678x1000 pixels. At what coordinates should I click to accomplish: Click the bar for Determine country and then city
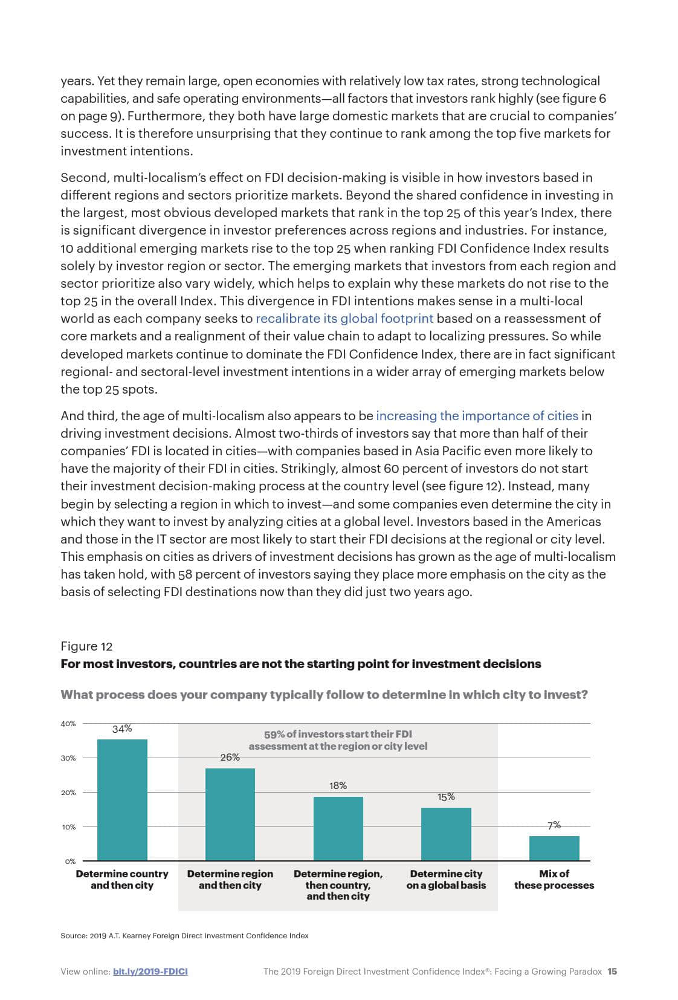(x=122, y=799)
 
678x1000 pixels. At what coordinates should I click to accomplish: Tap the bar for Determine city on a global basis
(x=446, y=834)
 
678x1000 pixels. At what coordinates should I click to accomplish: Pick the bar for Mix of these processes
(x=554, y=848)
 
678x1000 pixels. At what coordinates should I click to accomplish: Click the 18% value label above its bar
(x=338, y=785)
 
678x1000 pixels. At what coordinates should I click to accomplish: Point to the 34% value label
(x=122, y=729)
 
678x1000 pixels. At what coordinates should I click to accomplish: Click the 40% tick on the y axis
(x=68, y=724)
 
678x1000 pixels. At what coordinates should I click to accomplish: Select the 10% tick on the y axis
(x=68, y=827)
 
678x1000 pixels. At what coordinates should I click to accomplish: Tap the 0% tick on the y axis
(x=70, y=862)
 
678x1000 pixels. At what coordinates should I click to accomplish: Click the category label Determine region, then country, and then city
(x=338, y=885)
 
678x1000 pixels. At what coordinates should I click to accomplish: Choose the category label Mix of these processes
(x=554, y=879)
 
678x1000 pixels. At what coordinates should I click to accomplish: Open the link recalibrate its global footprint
(x=344, y=319)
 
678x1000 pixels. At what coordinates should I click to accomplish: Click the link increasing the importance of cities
(x=477, y=416)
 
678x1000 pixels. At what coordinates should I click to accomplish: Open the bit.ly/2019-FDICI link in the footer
(x=150, y=972)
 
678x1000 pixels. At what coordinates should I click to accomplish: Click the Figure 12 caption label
(x=86, y=646)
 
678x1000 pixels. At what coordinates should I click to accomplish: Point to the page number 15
(x=612, y=972)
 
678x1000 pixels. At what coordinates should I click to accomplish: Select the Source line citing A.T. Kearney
(x=184, y=936)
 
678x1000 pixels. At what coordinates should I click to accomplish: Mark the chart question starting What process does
(x=324, y=695)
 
